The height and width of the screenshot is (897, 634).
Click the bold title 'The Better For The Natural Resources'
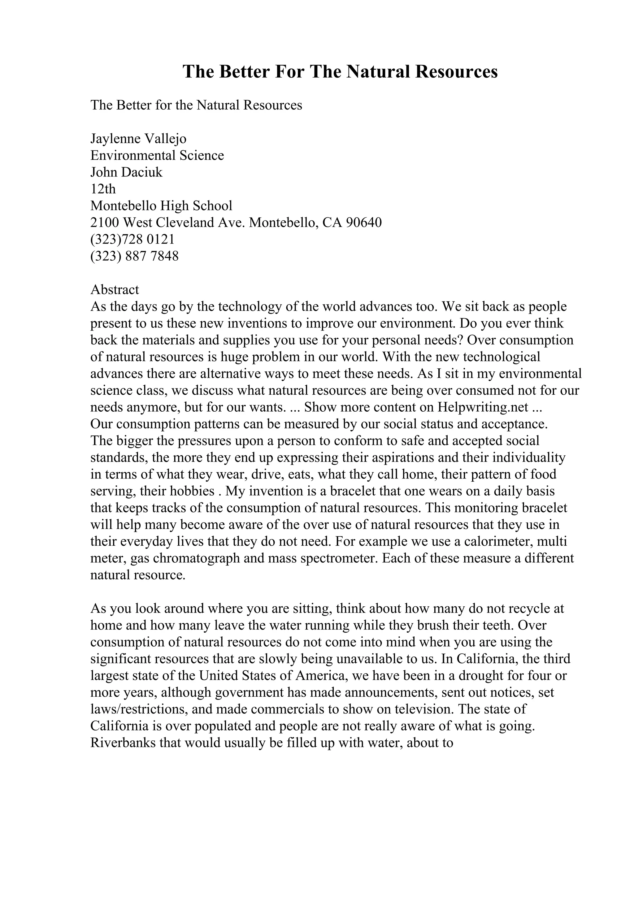click(340, 72)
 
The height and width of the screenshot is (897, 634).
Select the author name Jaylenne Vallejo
click(138, 139)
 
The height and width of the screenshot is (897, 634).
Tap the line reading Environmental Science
click(157, 155)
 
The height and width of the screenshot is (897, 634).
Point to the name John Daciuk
click(126, 172)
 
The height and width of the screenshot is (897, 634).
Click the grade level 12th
click(103, 189)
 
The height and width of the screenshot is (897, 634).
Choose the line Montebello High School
click(161, 206)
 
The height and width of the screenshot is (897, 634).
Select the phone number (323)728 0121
click(132, 239)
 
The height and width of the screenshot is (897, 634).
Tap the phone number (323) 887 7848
click(134, 256)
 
